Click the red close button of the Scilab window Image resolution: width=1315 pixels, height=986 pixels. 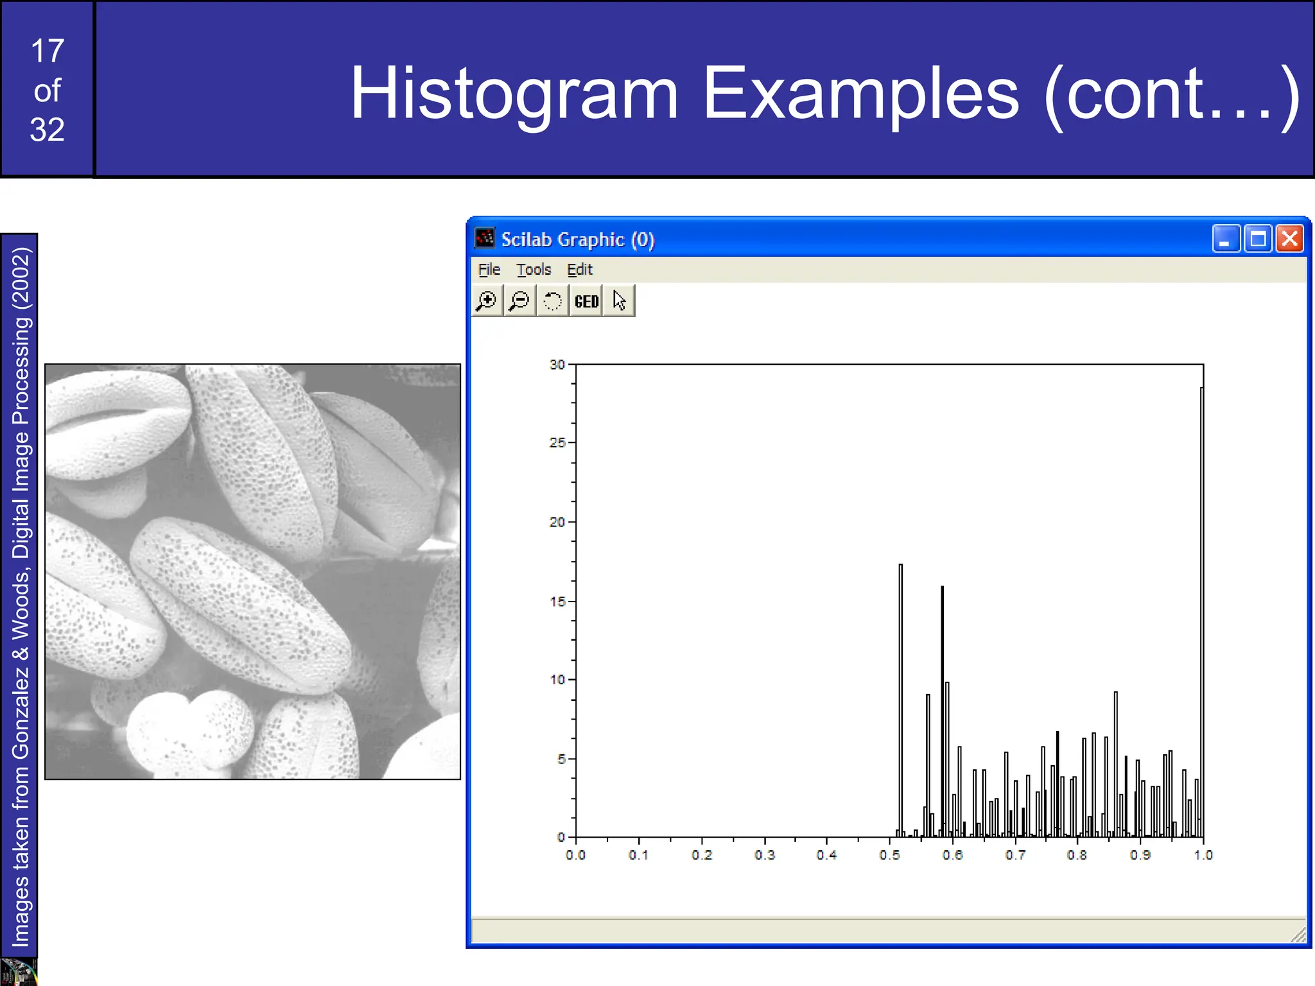coord(1289,239)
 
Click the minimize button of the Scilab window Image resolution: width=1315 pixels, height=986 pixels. coord(1226,239)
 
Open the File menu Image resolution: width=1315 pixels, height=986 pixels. coord(489,270)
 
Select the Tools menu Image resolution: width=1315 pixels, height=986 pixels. coord(534,270)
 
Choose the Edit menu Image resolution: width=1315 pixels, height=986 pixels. coord(579,270)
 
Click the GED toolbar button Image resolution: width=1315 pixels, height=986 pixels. coord(586,301)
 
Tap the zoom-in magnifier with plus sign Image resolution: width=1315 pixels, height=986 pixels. coord(487,301)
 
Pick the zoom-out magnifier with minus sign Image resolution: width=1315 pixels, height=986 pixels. coord(519,301)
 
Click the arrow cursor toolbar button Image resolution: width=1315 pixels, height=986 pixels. coord(619,301)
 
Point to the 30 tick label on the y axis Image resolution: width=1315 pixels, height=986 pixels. coord(557,365)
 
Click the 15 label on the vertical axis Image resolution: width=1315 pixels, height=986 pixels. coord(557,601)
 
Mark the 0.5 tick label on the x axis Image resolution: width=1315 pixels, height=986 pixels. coord(889,855)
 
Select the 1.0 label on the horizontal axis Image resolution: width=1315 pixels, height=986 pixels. coord(1203,855)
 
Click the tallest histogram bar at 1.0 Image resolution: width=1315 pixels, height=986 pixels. coord(1201,610)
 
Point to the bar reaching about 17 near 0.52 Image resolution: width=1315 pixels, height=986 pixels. coord(900,700)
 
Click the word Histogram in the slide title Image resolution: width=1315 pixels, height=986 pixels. coord(514,94)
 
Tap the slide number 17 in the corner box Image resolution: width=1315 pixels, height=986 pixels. coord(48,51)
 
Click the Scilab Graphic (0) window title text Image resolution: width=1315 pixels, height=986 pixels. coord(577,239)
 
